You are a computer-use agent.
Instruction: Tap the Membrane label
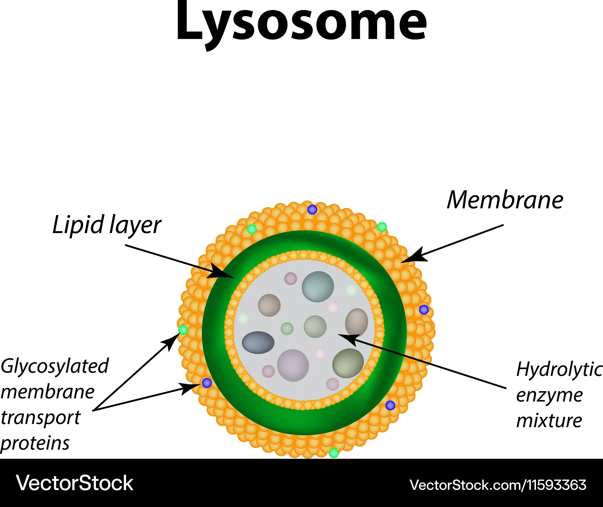[x=505, y=200]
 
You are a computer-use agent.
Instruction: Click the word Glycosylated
[x=55, y=367]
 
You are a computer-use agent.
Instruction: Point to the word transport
[x=41, y=418]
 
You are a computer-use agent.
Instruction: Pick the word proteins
[x=35, y=443]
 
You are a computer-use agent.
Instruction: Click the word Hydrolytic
[x=559, y=370]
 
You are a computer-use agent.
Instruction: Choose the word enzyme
[x=549, y=395]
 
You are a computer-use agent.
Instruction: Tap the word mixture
[x=549, y=420]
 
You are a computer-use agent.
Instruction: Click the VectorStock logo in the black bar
[x=74, y=483]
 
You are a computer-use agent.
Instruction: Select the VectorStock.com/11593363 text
[x=498, y=485]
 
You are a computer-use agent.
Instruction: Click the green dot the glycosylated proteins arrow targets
[x=183, y=330]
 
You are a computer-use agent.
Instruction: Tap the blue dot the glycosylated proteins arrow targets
[x=207, y=383]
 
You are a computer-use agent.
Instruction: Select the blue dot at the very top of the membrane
[x=312, y=209]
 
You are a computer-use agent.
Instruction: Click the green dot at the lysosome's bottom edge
[x=334, y=453]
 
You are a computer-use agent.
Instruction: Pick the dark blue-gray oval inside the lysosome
[x=258, y=343]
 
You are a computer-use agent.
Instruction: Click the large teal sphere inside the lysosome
[x=318, y=287]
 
